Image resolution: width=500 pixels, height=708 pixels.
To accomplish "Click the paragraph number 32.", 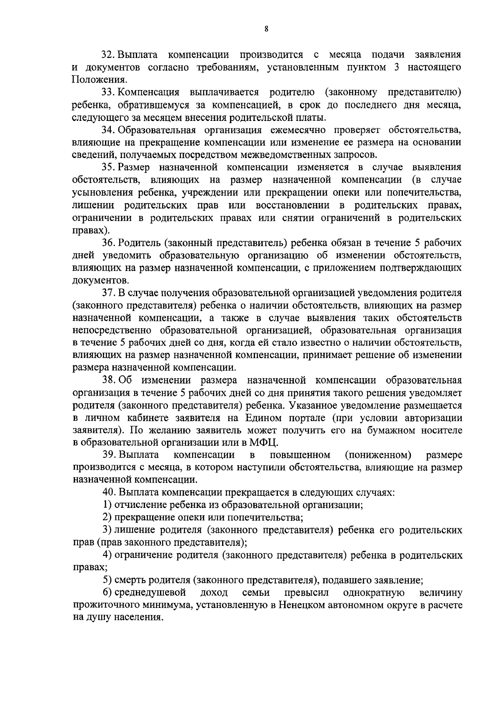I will [109, 55].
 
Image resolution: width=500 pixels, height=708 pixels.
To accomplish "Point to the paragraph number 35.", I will [109, 168].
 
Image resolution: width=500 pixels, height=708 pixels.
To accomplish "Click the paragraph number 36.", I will [109, 243].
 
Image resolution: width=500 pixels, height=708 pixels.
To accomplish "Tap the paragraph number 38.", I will [109, 380].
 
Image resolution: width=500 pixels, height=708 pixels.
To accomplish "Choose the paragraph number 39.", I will [109, 454].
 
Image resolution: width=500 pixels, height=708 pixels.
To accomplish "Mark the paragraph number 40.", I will [109, 492].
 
